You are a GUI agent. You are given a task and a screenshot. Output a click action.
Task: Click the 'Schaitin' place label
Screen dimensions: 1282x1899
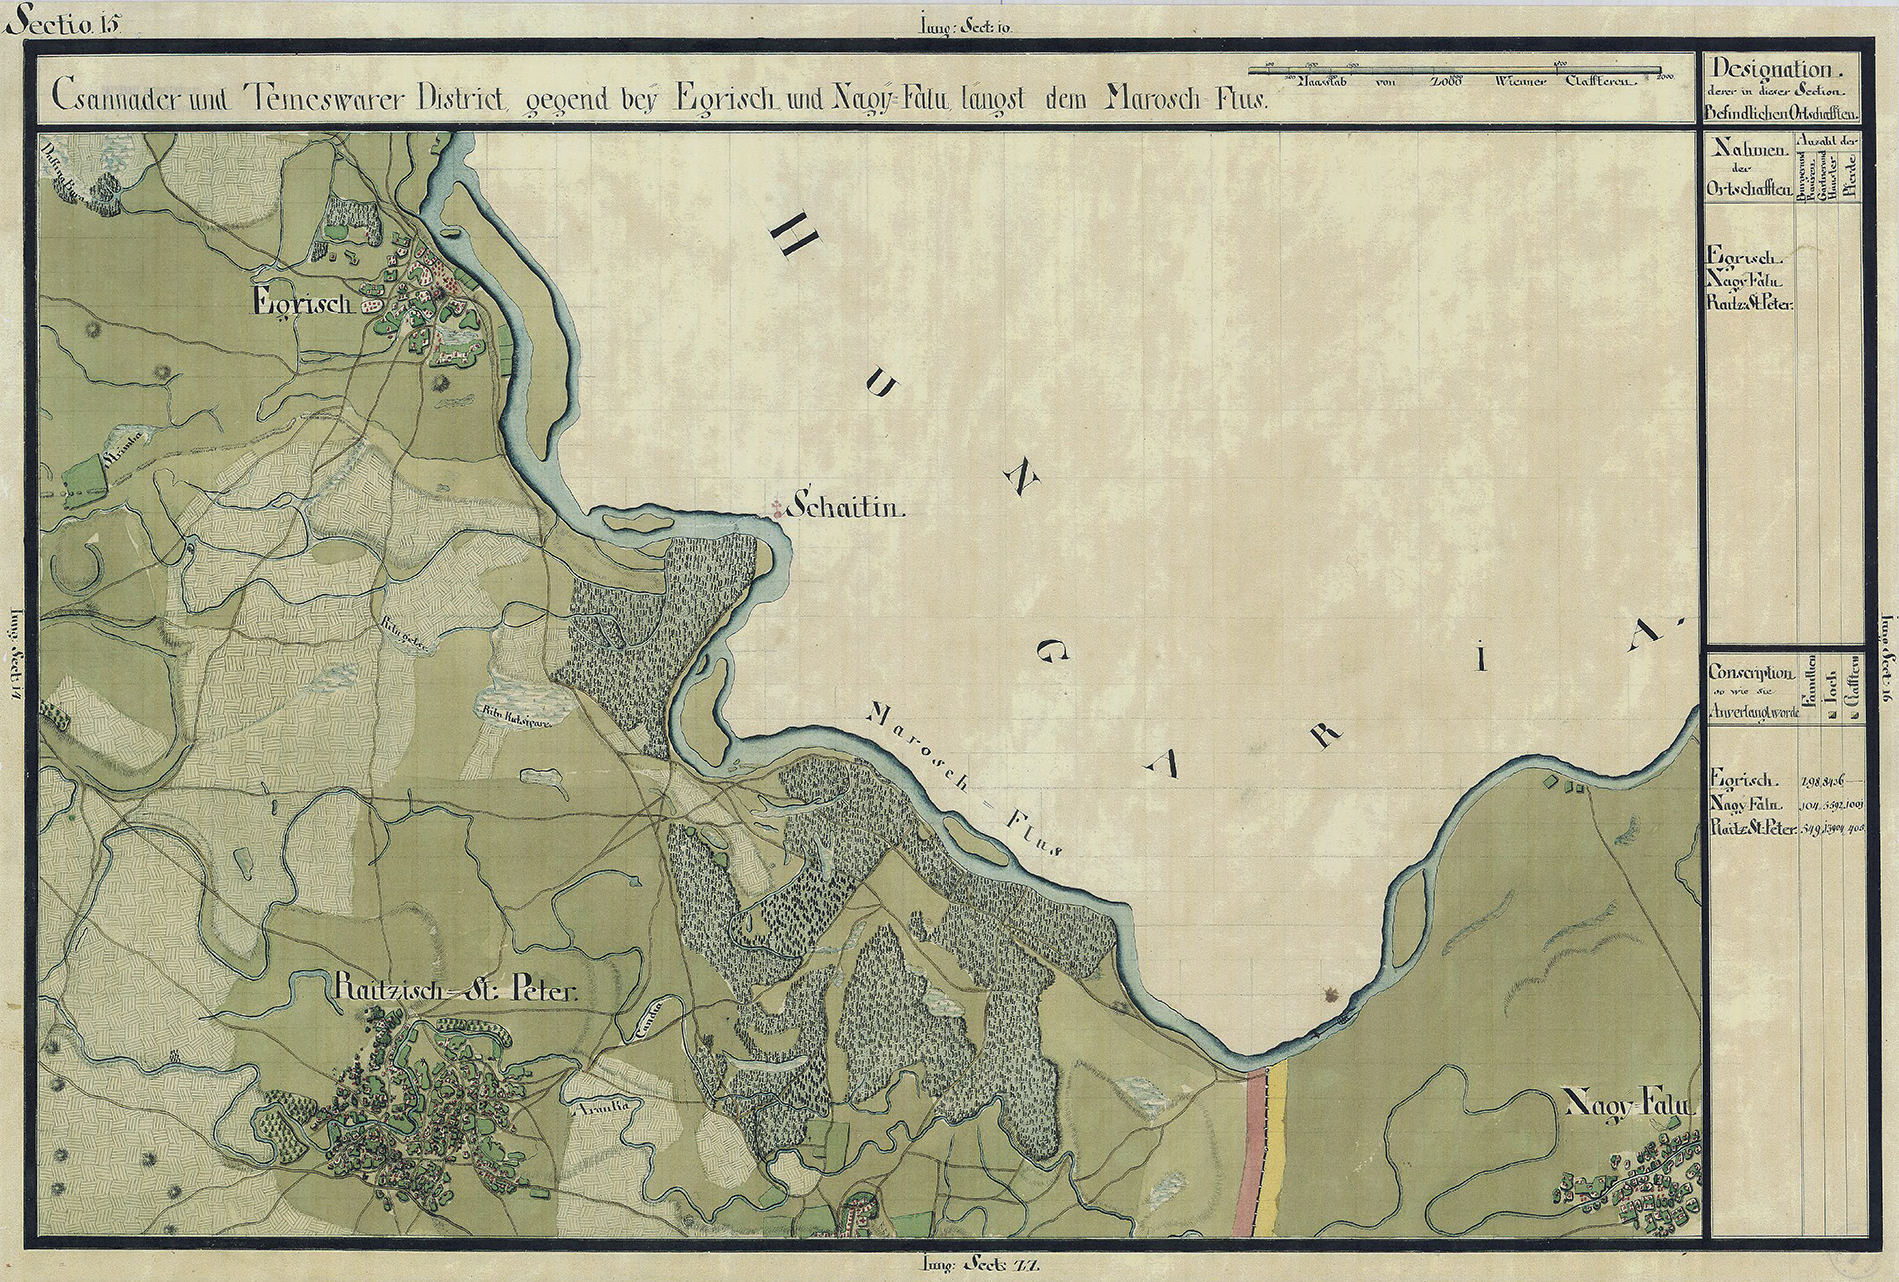tap(846, 508)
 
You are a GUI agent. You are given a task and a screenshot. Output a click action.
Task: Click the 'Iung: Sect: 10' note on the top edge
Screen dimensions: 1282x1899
tap(964, 27)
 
